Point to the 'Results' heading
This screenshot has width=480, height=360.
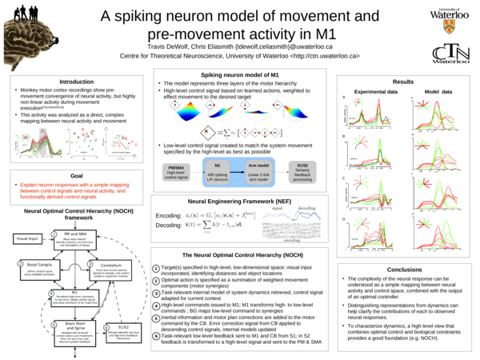(404, 82)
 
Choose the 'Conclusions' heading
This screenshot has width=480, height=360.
(404, 270)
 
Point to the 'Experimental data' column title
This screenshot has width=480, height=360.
(376, 92)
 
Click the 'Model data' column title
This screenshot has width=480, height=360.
(437, 92)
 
